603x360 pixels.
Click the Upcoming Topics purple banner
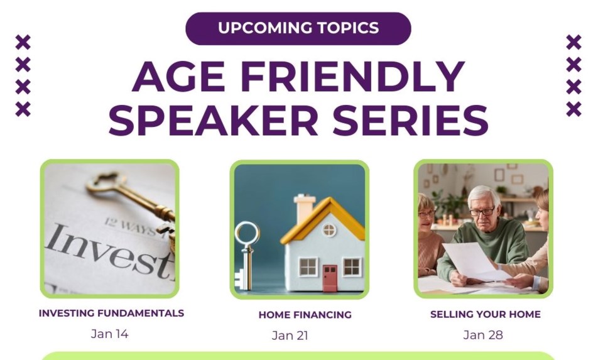pyautogui.click(x=298, y=28)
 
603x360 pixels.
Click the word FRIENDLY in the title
pyautogui.click(x=352, y=76)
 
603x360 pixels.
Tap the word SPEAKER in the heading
pyautogui.click(x=213, y=119)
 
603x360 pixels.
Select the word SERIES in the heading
pyautogui.click(x=410, y=119)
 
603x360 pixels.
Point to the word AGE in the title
pyautogui.click(x=178, y=76)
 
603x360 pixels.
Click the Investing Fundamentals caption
pyautogui.click(x=112, y=313)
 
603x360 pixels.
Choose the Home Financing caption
pyautogui.click(x=305, y=315)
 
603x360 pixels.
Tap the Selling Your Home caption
pyautogui.click(x=486, y=314)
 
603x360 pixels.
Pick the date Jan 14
pyautogui.click(x=109, y=334)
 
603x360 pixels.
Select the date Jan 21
pyautogui.click(x=290, y=335)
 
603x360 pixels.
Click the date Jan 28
pyautogui.click(x=483, y=335)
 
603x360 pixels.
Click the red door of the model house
pyautogui.click(x=330, y=278)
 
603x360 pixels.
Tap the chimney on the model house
pyautogui.click(x=304, y=208)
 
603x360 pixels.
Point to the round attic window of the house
pyautogui.click(x=329, y=230)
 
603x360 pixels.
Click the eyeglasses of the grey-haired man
pyautogui.click(x=482, y=212)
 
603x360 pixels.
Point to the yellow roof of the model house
pyautogui.click(x=323, y=220)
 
